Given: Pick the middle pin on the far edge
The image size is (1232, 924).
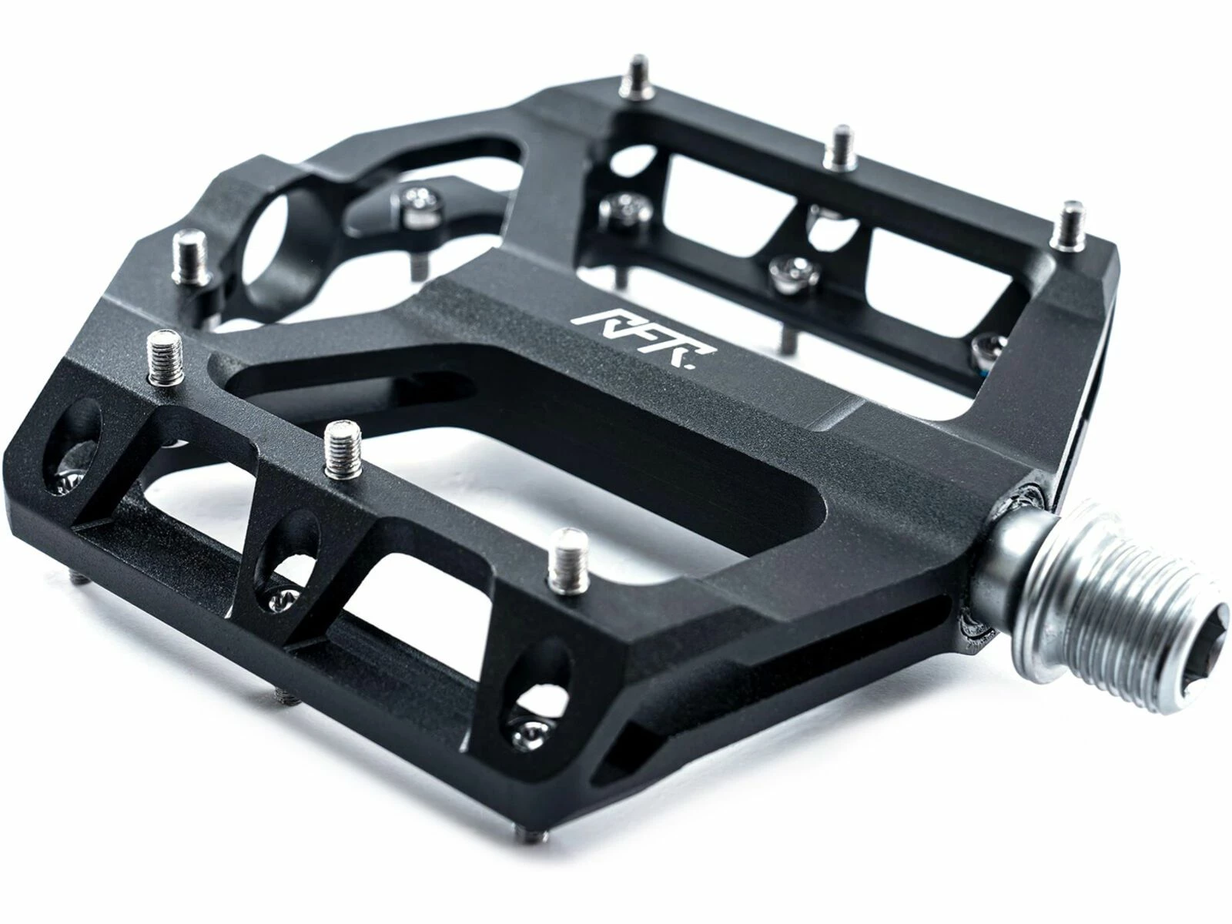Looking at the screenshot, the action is [839, 148].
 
